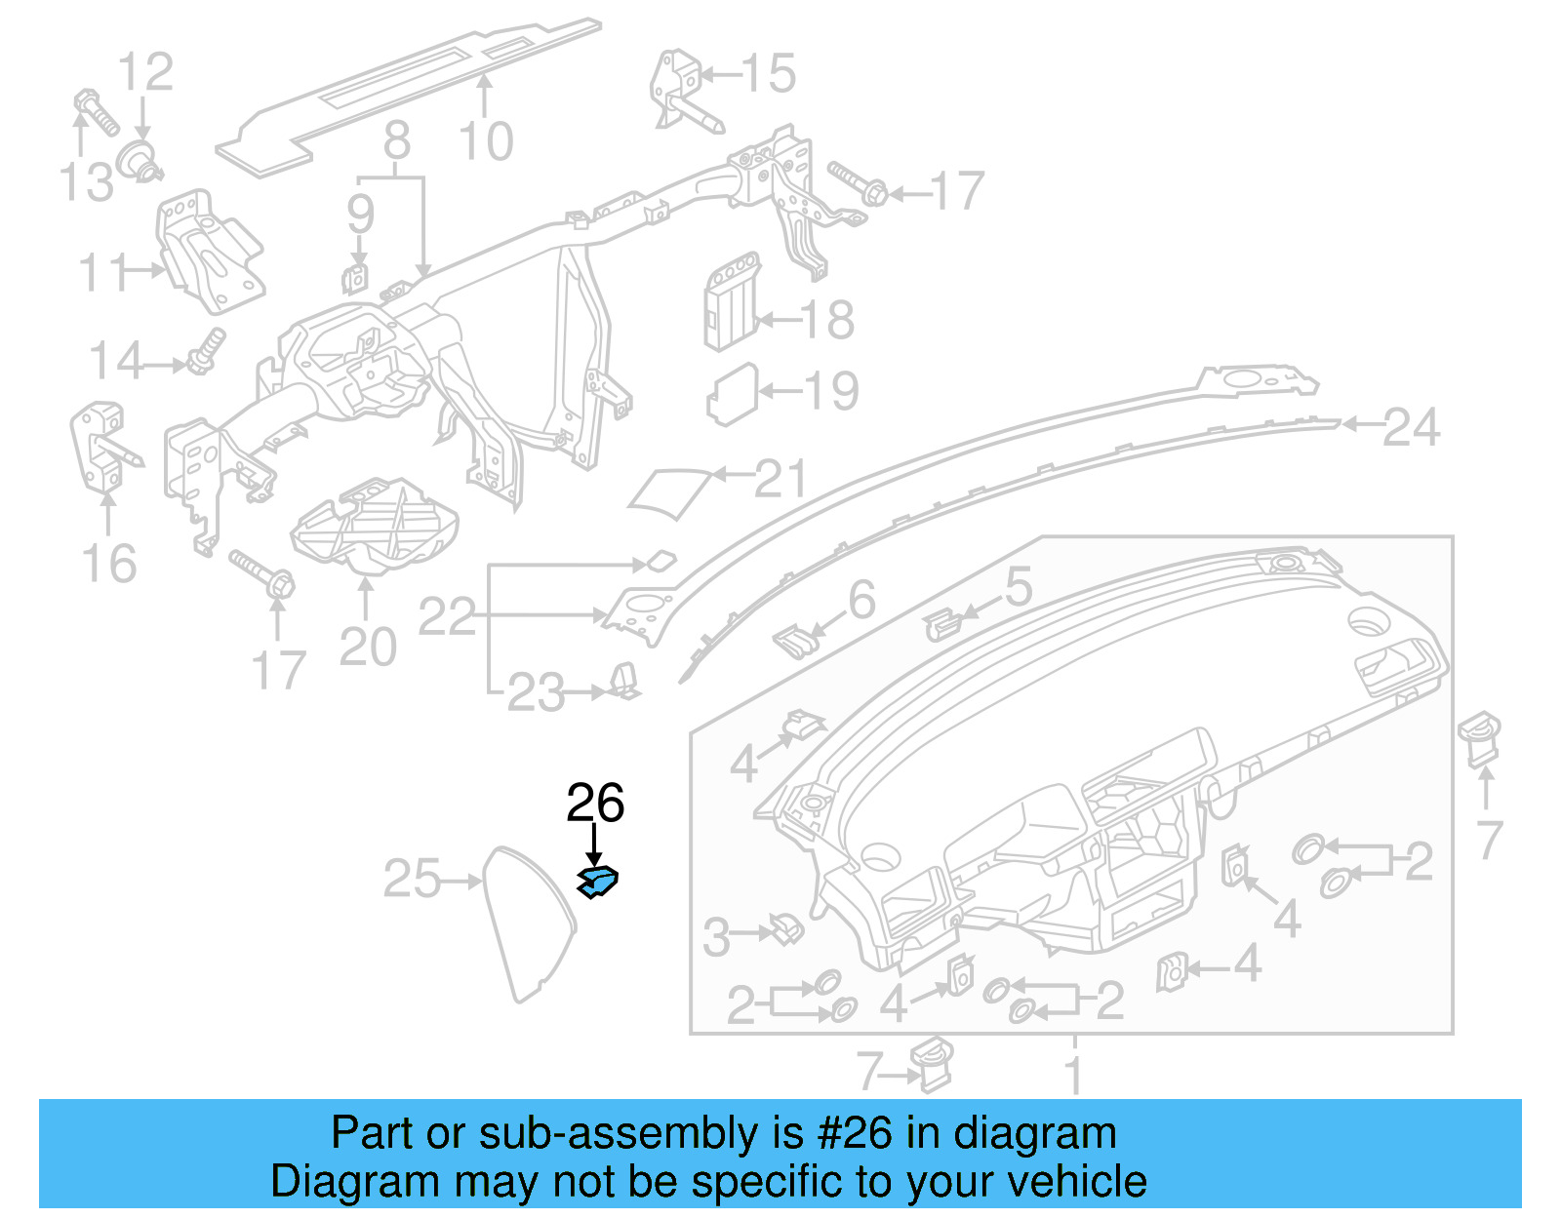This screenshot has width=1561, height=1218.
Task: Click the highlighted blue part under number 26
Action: (598, 882)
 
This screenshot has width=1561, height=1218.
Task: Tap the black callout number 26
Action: (595, 804)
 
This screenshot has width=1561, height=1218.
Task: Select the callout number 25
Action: (412, 879)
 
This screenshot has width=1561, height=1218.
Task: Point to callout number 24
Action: (1411, 428)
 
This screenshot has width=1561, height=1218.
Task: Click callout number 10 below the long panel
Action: (486, 142)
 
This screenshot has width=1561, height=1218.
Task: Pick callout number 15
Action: (768, 74)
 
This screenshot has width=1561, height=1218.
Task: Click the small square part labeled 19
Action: (732, 395)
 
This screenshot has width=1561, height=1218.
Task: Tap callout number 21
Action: (781, 479)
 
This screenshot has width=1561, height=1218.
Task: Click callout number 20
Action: (368, 647)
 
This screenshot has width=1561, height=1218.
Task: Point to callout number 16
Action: (108, 564)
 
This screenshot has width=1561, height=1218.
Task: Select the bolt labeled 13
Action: (97, 115)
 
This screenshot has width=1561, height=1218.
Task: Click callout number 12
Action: (145, 72)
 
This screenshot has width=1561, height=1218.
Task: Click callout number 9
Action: (361, 214)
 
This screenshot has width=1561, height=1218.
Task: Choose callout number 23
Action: (536, 693)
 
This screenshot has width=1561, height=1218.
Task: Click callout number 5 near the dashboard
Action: (1018, 587)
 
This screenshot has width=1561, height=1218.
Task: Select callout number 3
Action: (716, 938)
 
